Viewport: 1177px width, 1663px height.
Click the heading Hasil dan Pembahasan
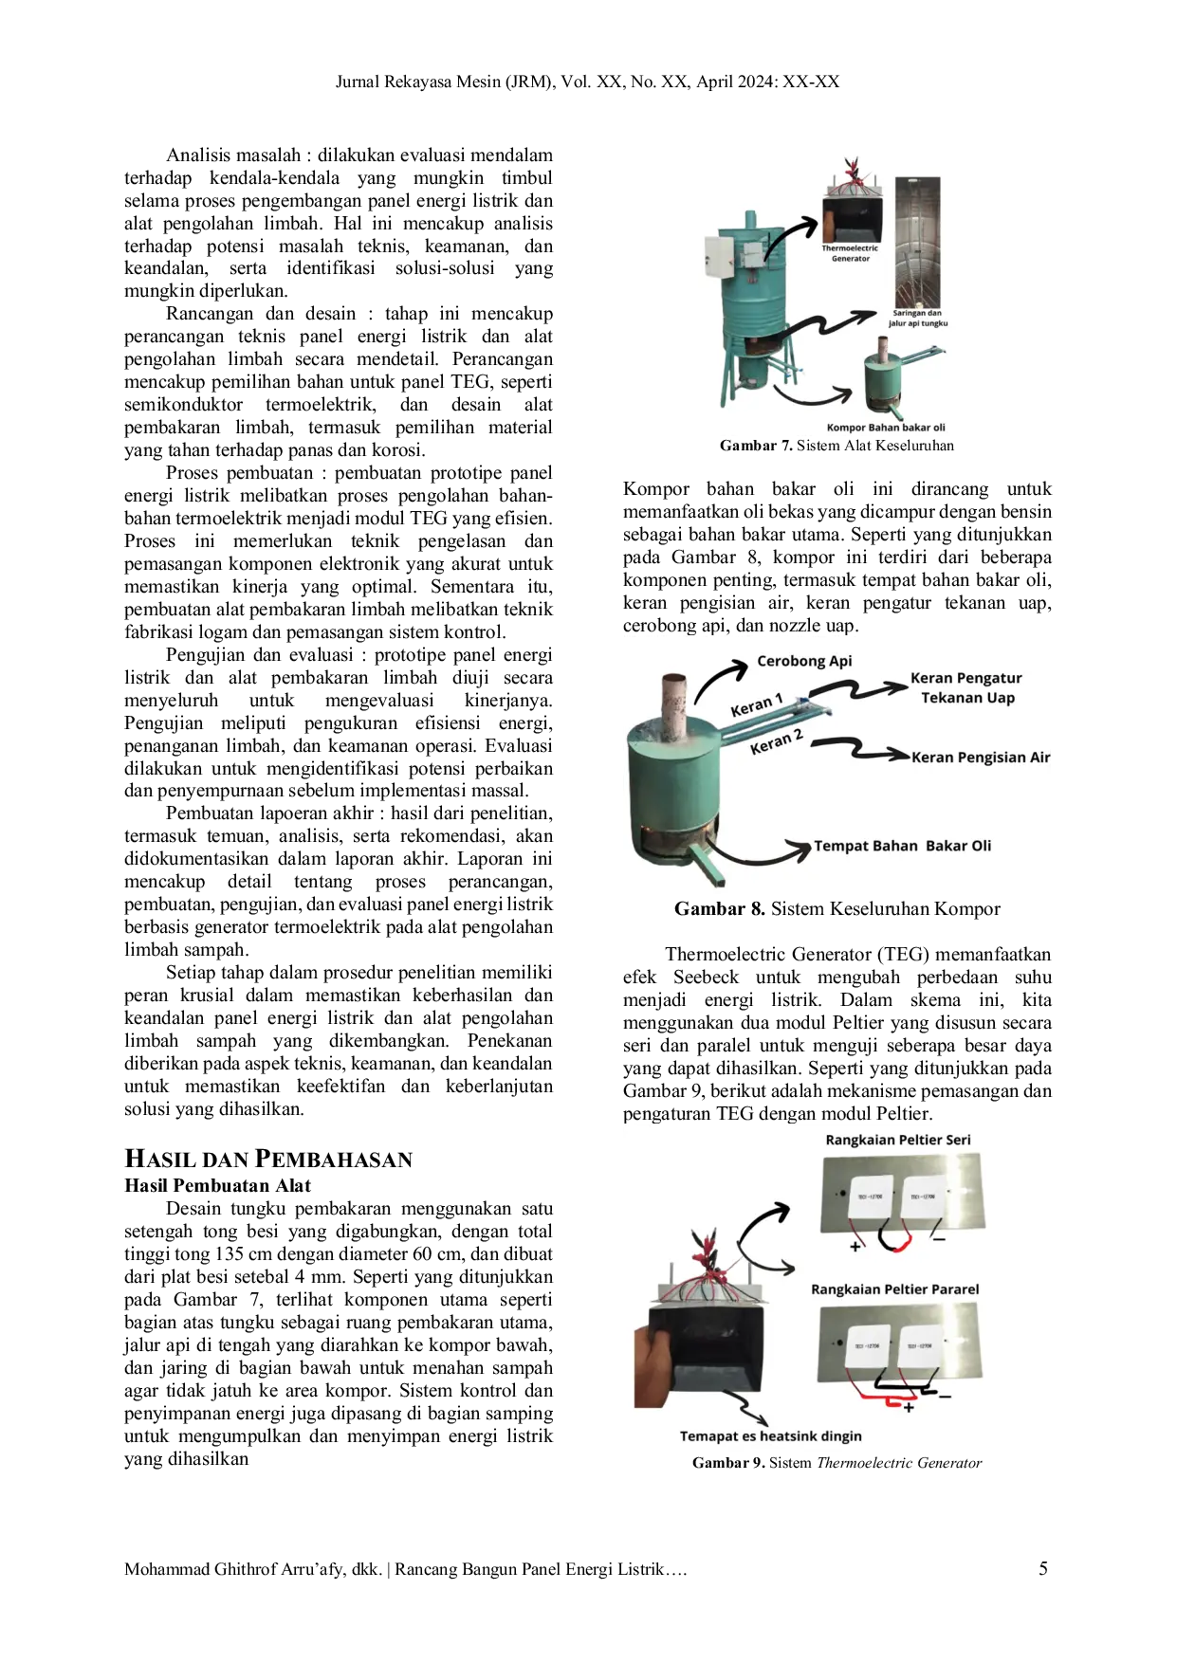tap(268, 1159)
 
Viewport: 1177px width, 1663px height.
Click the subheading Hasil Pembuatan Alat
tap(217, 1185)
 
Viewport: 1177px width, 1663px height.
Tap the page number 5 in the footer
tap(1043, 1568)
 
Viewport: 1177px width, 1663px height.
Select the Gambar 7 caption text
tap(837, 445)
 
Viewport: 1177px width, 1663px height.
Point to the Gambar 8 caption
tap(837, 908)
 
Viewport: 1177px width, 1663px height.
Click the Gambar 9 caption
tap(837, 1462)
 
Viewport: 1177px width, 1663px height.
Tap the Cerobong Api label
tap(804, 661)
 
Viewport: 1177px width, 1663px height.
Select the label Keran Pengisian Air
tap(981, 757)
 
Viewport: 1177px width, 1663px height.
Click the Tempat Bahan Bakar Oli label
tap(902, 846)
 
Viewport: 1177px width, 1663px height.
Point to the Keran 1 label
tap(756, 705)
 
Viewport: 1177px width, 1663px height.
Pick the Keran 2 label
tap(777, 741)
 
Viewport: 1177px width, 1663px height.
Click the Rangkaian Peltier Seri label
tap(898, 1140)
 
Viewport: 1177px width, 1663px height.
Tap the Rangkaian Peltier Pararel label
tap(895, 1289)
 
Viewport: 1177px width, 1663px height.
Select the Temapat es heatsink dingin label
tap(771, 1435)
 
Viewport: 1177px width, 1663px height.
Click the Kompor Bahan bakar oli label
tap(886, 428)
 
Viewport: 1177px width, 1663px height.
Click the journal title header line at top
tap(588, 82)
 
